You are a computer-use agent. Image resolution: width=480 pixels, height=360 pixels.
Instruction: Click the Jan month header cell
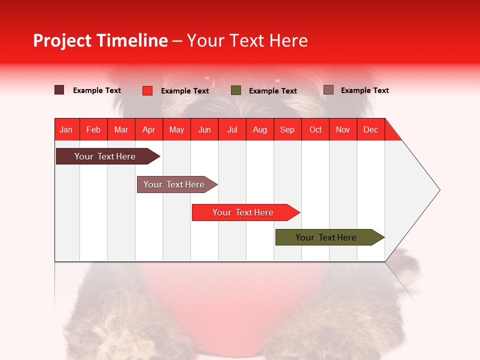tap(66, 129)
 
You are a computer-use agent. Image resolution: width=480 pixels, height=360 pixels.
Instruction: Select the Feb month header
tap(93, 129)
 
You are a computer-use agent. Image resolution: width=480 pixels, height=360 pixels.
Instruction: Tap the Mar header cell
tap(121, 129)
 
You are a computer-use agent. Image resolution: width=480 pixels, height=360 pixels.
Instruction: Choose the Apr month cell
tap(149, 129)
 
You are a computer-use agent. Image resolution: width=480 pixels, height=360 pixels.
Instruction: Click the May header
tap(176, 129)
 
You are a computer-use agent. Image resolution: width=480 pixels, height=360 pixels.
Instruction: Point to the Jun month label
tap(204, 129)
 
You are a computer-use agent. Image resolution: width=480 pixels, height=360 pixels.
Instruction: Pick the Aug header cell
tap(260, 129)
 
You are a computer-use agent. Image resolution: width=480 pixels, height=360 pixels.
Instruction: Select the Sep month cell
tap(287, 129)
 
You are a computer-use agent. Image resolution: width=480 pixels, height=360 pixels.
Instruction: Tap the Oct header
tap(315, 129)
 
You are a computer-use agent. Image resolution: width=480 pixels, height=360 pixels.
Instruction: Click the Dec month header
tap(371, 129)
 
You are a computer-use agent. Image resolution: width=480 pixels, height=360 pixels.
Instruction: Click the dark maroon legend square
tap(59, 90)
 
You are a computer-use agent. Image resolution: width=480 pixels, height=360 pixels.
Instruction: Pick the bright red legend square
tap(147, 90)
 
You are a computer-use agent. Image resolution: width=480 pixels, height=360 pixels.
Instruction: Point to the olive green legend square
tap(236, 90)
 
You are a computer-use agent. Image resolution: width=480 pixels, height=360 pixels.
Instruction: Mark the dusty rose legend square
tap(328, 90)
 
